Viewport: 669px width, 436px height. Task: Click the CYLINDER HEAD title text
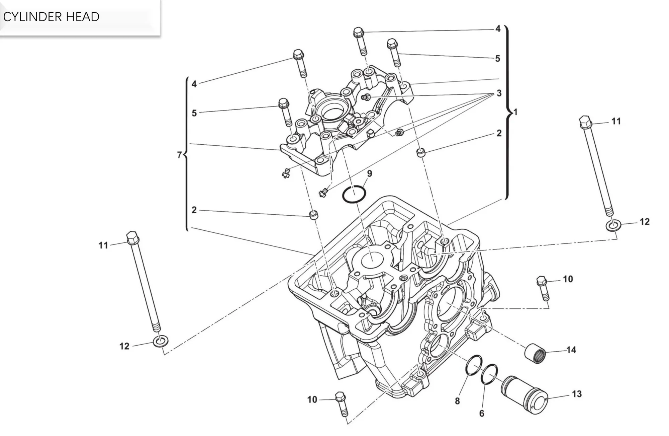pyautogui.click(x=51, y=17)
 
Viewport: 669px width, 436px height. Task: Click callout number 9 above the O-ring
pyautogui.click(x=369, y=173)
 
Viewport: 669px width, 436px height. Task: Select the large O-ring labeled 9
pyautogui.click(x=354, y=194)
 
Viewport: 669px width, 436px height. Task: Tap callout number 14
pyautogui.click(x=571, y=350)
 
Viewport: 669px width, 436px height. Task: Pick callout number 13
pyautogui.click(x=577, y=394)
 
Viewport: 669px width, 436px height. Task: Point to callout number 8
pyautogui.click(x=457, y=401)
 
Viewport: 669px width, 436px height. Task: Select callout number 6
pyautogui.click(x=482, y=414)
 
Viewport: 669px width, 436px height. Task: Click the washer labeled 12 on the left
pyautogui.click(x=161, y=342)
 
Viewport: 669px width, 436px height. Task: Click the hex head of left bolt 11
pyautogui.click(x=132, y=237)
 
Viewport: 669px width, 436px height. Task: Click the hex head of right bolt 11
pyautogui.click(x=585, y=122)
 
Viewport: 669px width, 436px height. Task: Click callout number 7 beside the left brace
pyautogui.click(x=179, y=155)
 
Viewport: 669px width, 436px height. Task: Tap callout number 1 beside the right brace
pyautogui.click(x=515, y=112)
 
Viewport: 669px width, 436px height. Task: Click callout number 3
pyautogui.click(x=499, y=93)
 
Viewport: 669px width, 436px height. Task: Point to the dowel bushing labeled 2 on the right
pyautogui.click(x=421, y=153)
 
